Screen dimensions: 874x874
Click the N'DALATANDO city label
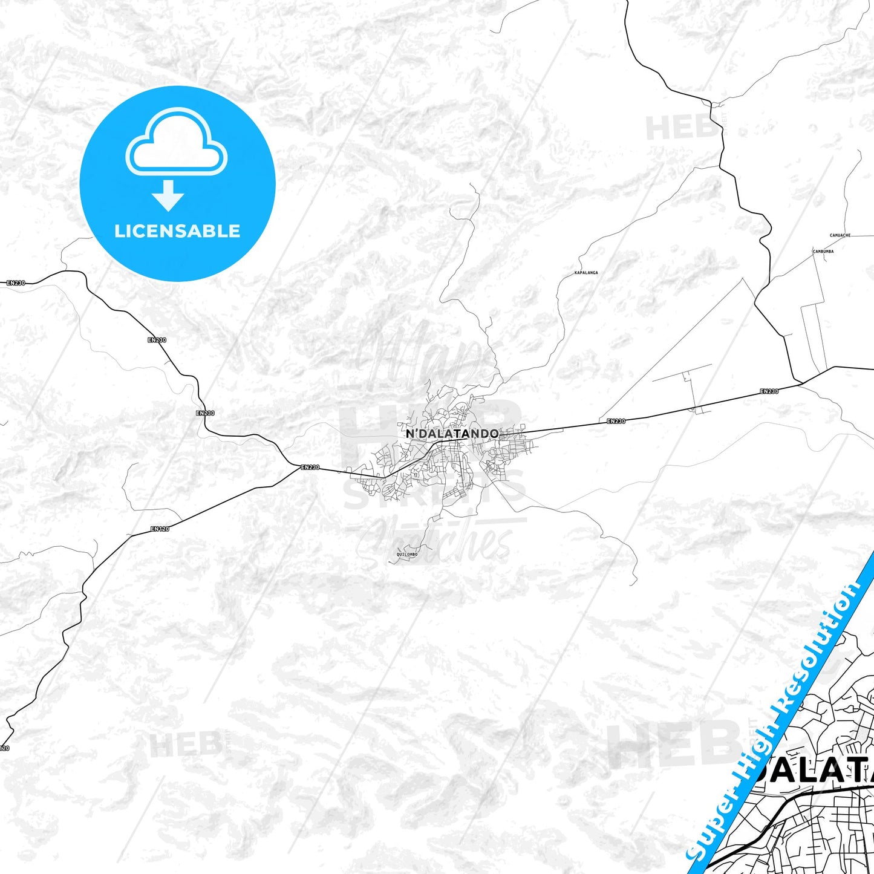(452, 433)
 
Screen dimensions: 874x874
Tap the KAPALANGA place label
(585, 273)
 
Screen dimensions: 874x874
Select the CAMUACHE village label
(840, 235)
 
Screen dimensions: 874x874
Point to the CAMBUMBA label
(823, 251)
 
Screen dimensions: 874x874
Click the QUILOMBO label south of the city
(406, 554)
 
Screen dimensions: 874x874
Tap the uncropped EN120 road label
(160, 529)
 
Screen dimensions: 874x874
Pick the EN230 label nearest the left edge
(16, 282)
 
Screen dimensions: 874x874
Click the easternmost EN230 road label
(769, 391)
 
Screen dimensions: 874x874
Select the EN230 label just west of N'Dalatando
(310, 467)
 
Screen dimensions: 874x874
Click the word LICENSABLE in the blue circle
(177, 231)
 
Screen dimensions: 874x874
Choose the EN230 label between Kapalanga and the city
(616, 421)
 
